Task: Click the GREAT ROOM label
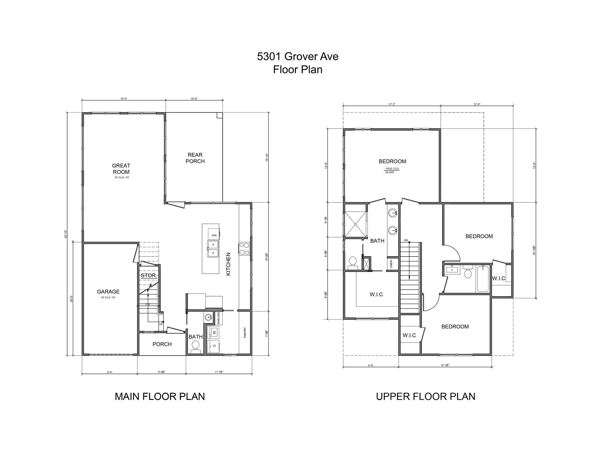coord(121,169)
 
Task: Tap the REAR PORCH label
coord(195,158)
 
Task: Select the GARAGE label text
coord(108,292)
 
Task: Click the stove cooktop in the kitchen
coord(244,248)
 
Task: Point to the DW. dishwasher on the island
coord(214,235)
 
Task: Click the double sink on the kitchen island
coord(213,249)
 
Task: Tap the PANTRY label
coord(245,333)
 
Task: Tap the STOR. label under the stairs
coord(149,275)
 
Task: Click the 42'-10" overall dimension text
coord(66,234)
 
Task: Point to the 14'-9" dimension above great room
coord(124,99)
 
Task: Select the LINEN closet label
coord(391,264)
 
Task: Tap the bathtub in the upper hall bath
coord(483,279)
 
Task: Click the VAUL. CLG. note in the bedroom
coord(392,168)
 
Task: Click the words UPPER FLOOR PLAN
coord(426,396)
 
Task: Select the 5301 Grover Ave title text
coord(297,56)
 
